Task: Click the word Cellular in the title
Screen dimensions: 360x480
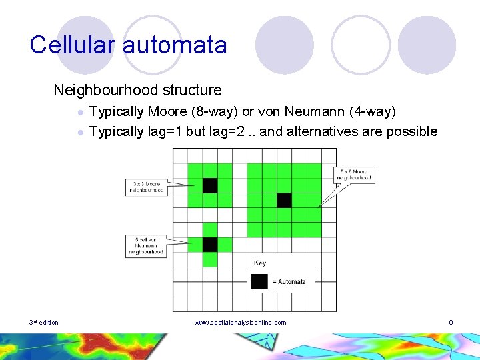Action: point(72,45)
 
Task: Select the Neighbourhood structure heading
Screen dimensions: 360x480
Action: point(137,89)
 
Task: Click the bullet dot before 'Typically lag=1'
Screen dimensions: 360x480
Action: point(79,132)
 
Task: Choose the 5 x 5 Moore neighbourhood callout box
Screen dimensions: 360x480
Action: point(354,175)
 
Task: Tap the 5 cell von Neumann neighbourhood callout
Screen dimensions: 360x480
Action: point(146,245)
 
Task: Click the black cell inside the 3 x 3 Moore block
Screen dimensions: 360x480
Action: point(210,185)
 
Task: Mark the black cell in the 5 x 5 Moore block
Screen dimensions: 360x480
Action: point(284,200)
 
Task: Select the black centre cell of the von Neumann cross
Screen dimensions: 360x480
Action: point(210,245)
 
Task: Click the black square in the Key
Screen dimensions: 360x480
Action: point(259,281)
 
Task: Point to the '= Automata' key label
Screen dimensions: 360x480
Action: point(289,282)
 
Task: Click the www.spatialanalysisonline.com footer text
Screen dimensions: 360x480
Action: point(240,323)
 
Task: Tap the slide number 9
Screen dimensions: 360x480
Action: point(451,323)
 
